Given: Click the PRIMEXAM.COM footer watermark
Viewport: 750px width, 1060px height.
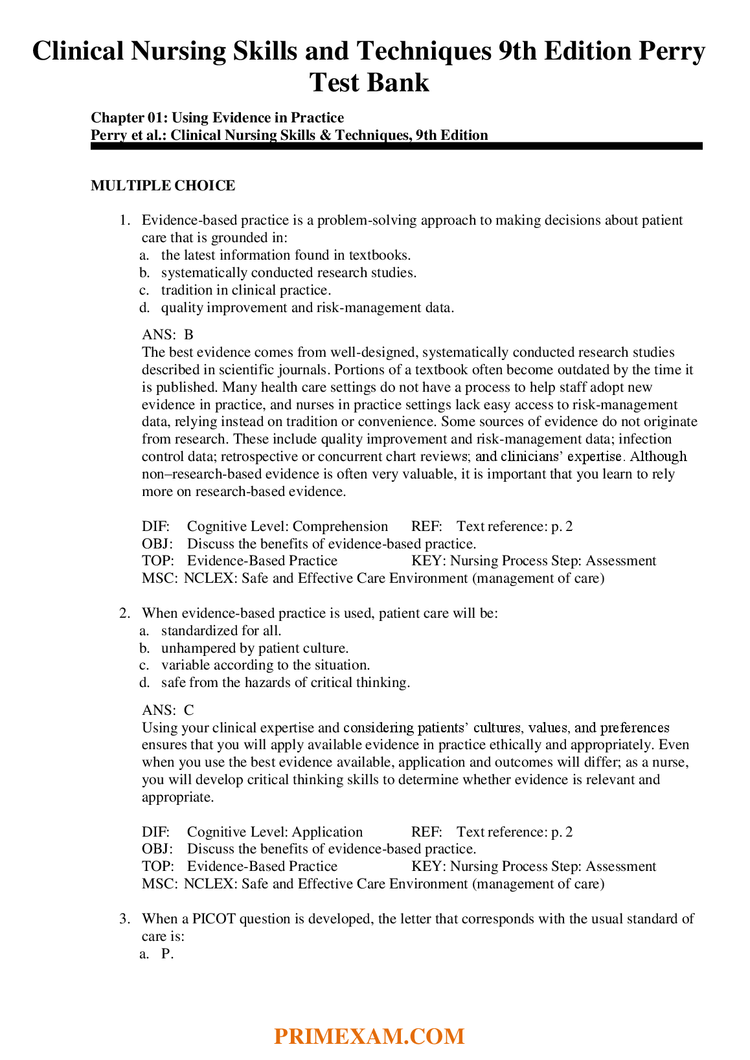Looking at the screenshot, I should click(369, 1036).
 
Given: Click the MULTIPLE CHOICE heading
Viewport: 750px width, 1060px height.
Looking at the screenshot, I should click(163, 186).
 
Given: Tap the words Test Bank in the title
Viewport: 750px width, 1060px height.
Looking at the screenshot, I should click(369, 83).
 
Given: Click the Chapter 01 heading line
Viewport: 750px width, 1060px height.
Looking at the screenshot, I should click(217, 117).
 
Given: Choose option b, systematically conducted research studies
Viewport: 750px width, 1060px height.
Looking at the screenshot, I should click(288, 273).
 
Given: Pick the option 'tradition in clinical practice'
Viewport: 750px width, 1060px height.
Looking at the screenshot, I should click(245, 290).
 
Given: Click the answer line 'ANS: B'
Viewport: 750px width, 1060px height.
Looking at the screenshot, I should click(168, 335).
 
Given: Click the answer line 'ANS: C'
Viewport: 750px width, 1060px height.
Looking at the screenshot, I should click(168, 710).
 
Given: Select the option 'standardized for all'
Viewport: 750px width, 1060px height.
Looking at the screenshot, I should click(221, 631).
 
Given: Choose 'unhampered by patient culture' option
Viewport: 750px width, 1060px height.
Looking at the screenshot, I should click(255, 648).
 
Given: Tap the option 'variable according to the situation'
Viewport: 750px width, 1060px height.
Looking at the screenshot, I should click(266, 665).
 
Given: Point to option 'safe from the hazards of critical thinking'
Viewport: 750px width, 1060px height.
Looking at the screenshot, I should click(285, 682).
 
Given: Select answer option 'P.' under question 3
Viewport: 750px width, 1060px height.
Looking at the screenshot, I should click(167, 954).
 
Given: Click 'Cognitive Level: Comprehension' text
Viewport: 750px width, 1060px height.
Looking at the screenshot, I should click(287, 526).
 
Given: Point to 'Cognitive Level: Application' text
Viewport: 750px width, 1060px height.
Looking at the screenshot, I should click(275, 832).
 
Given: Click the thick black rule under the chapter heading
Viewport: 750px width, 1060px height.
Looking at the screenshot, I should click(396, 146).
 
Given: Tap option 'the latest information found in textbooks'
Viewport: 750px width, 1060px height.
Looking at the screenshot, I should click(286, 255).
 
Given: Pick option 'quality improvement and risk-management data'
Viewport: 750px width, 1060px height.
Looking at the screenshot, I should click(307, 308).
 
